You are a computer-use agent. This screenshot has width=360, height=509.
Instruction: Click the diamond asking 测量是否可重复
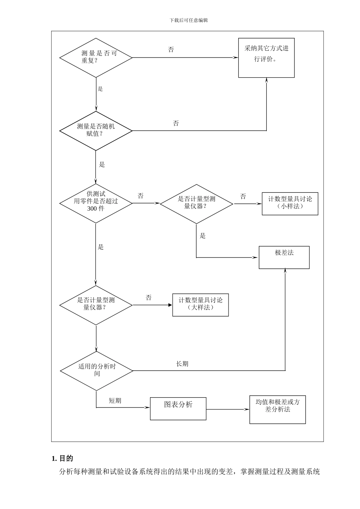(96, 58)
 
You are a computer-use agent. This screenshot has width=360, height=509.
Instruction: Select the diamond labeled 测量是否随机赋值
(96, 131)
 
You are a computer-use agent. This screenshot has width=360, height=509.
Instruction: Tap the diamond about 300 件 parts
(96, 203)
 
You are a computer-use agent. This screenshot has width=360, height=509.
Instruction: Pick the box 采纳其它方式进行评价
(266, 58)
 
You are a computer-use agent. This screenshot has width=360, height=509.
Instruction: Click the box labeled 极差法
(284, 257)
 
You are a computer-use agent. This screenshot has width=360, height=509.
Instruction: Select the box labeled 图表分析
(178, 408)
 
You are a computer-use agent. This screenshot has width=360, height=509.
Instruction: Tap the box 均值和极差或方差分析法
(277, 409)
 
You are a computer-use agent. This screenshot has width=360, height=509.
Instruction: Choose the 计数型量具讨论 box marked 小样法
(290, 203)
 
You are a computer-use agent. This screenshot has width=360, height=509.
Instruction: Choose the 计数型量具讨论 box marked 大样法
(200, 305)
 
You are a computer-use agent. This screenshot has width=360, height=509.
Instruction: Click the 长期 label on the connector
(182, 364)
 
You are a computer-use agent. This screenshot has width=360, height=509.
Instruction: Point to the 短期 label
(115, 401)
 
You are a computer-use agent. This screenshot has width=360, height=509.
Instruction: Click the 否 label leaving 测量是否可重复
(171, 50)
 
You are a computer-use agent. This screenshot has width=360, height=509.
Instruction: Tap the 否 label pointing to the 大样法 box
(149, 298)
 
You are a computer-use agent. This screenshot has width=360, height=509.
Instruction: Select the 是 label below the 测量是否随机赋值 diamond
(102, 165)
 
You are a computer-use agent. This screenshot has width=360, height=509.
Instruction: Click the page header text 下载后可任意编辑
(189, 20)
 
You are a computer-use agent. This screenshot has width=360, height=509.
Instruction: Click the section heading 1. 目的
(62, 459)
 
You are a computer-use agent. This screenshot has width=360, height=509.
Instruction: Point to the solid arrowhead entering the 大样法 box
(170, 305)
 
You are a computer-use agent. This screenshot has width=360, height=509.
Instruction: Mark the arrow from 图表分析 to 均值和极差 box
(227, 409)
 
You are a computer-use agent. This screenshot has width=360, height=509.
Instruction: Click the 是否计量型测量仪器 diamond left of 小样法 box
(196, 203)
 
